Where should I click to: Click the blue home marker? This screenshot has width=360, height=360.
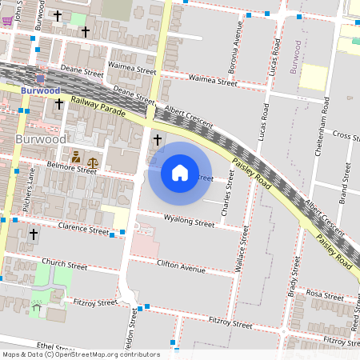[x=180, y=173]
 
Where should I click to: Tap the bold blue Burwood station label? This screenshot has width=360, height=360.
[x=40, y=91]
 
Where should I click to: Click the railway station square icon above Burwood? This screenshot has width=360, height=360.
[x=40, y=78]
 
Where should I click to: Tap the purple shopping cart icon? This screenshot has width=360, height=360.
[x=7, y=20]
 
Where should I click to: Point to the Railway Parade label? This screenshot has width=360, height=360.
[x=98, y=106]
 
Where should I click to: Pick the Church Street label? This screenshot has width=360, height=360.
[x=65, y=263]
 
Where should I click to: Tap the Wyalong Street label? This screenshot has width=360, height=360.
[x=189, y=221]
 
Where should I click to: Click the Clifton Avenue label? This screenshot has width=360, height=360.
[x=182, y=267]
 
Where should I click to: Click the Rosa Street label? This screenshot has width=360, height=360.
[x=324, y=295]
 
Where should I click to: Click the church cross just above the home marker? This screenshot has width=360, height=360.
[x=157, y=141]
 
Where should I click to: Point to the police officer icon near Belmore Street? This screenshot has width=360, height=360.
[x=76, y=157]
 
